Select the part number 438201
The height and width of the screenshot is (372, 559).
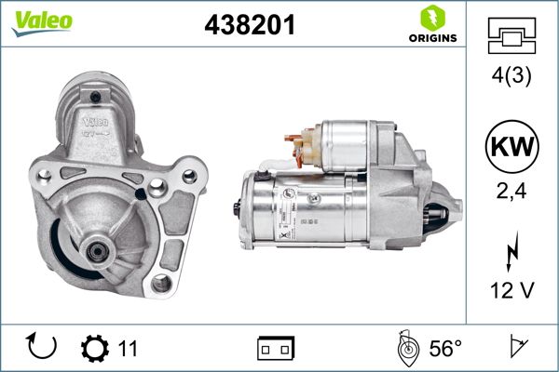point(249,27)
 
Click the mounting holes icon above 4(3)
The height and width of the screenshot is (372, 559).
point(511,36)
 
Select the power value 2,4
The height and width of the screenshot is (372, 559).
point(511,194)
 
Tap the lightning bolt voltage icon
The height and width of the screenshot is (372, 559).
point(511,252)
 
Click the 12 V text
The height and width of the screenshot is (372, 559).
point(511,292)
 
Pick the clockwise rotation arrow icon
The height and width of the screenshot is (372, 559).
point(43,347)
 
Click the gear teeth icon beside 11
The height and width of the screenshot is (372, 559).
point(95,348)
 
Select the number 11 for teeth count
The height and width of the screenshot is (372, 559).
point(129,349)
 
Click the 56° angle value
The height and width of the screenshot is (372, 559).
point(445,349)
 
